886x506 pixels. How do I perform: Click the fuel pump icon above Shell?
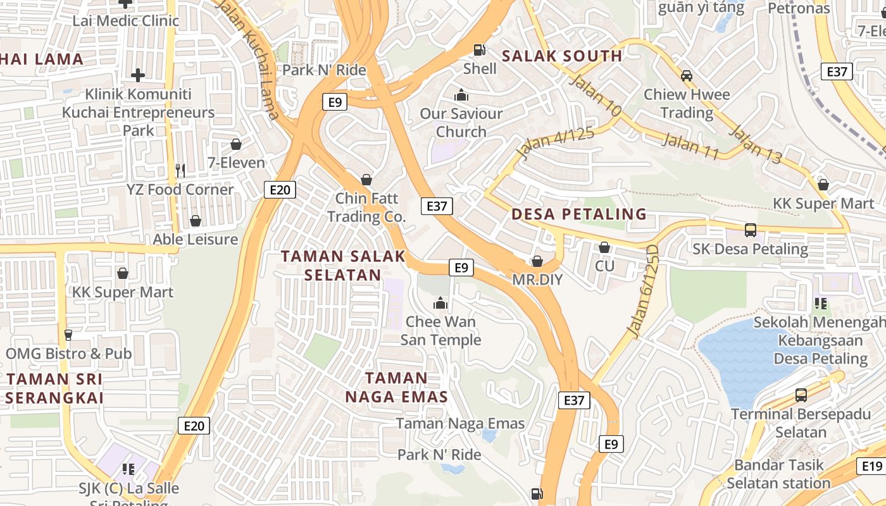pyautogui.click(x=480, y=49)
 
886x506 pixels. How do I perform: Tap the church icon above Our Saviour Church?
pyautogui.click(x=461, y=95)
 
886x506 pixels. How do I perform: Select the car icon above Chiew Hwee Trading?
pyautogui.click(x=686, y=76)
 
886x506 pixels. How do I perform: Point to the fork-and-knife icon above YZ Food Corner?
pyautogui.click(x=180, y=170)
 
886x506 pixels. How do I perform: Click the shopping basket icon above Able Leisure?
pyautogui.click(x=196, y=221)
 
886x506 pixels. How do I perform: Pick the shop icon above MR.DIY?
pyautogui.click(x=537, y=261)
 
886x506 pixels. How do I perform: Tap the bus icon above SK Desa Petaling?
pyautogui.click(x=750, y=230)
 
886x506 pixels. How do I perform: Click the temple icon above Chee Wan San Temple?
pyautogui.click(x=440, y=304)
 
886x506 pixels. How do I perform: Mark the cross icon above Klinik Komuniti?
pyautogui.click(x=138, y=75)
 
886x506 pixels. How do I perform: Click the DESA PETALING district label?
pyautogui.click(x=579, y=214)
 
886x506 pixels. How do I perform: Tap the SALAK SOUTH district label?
pyautogui.click(x=562, y=56)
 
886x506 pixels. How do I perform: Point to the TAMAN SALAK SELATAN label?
pyautogui.click(x=343, y=265)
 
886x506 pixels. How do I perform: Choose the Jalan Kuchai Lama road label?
pyautogui.click(x=248, y=60)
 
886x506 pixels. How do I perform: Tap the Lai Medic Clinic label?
pyautogui.click(x=126, y=20)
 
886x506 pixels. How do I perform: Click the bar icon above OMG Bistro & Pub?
pyautogui.click(x=68, y=335)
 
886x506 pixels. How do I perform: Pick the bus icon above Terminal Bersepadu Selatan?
pyautogui.click(x=801, y=395)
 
